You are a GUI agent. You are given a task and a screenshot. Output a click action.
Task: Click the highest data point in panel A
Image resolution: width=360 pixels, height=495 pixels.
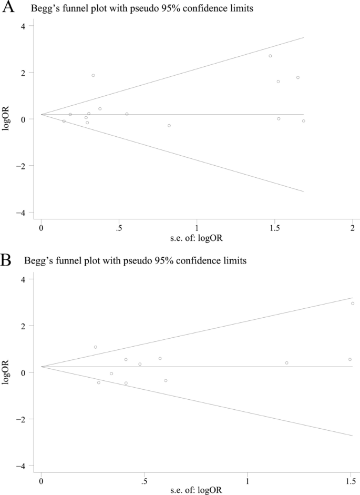pyautogui.click(x=270, y=56)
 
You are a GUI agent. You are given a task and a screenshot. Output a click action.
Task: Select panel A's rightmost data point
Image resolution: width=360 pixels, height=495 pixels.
pyautogui.click(x=303, y=121)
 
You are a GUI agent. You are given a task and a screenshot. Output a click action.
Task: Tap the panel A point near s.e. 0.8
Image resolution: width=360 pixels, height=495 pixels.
pyautogui.click(x=169, y=125)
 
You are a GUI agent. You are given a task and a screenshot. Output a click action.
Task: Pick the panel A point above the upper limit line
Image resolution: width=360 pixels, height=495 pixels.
pyautogui.click(x=93, y=75)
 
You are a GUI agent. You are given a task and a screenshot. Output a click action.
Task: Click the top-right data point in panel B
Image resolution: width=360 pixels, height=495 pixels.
pyautogui.click(x=353, y=304)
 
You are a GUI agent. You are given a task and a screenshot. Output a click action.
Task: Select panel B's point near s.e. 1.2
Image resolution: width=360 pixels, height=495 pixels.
pyautogui.click(x=286, y=363)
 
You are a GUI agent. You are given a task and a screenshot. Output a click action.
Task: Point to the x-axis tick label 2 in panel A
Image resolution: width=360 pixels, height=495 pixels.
pyautogui.click(x=352, y=228)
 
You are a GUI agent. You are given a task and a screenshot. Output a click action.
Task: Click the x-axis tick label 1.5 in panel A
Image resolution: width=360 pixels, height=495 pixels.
pyautogui.click(x=274, y=228)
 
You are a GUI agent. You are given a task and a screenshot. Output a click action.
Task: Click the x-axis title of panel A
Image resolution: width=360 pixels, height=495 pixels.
pyautogui.click(x=197, y=238)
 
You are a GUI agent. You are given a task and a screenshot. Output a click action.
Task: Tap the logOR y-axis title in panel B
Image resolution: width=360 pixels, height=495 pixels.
pyautogui.click(x=6, y=372)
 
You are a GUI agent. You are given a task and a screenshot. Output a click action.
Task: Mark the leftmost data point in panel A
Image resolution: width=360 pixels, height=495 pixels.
pyautogui.click(x=64, y=121)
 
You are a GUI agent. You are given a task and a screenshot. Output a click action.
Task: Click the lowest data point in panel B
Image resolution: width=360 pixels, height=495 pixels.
pyautogui.click(x=126, y=383)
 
